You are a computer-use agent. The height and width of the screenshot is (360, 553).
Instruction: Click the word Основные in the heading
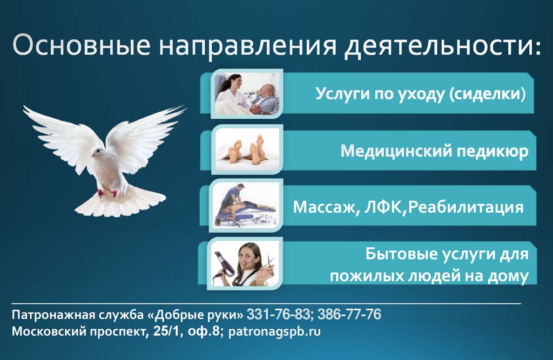(81, 46)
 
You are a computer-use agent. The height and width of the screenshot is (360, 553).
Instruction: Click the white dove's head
(97, 153)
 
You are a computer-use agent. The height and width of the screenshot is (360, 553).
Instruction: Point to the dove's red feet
(107, 192)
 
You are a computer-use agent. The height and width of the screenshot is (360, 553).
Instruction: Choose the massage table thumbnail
(246, 207)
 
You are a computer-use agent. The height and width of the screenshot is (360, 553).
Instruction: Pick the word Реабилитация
(467, 207)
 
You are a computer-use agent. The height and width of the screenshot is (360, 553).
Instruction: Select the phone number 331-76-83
(279, 314)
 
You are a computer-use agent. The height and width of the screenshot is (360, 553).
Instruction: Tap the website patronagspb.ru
(275, 331)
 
